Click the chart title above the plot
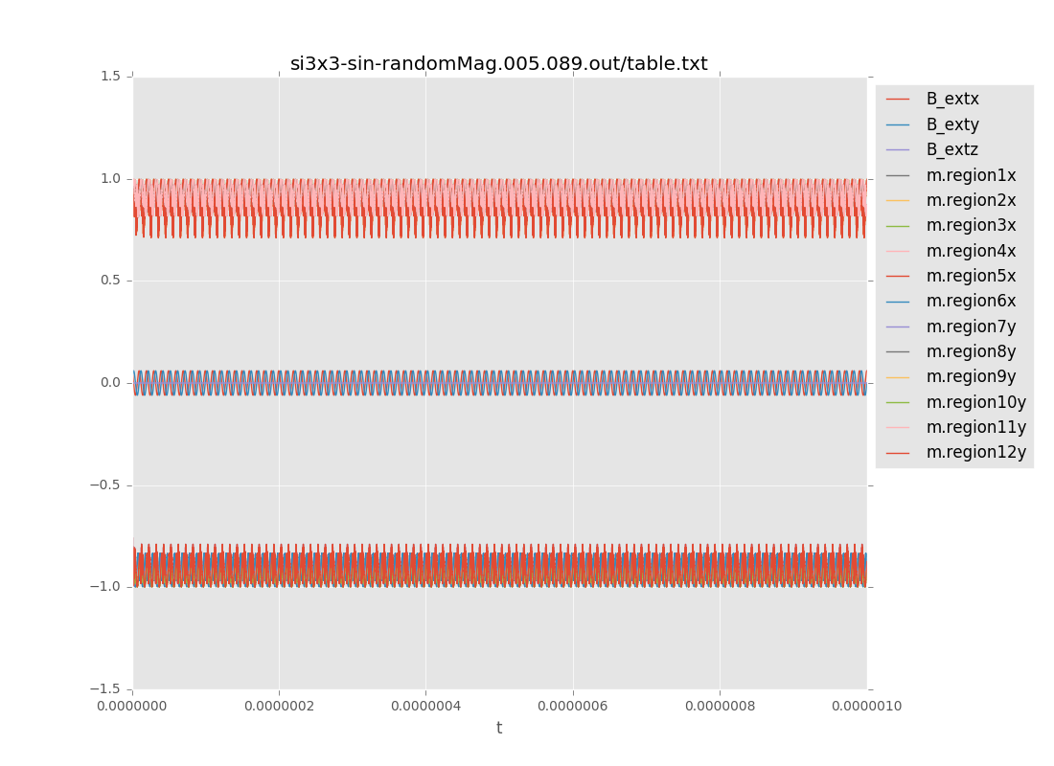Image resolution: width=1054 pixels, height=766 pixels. click(x=498, y=64)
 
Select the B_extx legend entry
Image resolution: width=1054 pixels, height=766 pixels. click(x=951, y=99)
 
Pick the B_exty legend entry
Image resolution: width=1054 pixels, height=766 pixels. click(x=951, y=124)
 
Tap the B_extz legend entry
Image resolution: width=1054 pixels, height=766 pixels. click(x=951, y=149)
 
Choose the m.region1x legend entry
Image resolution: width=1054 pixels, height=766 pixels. click(x=971, y=175)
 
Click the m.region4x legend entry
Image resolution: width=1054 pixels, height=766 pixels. click(x=971, y=251)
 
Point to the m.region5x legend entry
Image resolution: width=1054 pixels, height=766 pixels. click(x=971, y=276)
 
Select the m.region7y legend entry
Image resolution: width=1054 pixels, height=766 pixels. click(x=971, y=327)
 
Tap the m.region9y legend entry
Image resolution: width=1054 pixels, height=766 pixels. click(x=971, y=376)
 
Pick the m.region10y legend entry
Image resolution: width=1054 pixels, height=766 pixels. click(x=975, y=402)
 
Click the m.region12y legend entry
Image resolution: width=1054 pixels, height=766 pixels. click(x=975, y=452)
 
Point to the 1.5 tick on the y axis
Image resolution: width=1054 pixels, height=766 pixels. click(x=111, y=77)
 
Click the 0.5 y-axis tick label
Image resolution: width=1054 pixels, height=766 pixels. click(x=111, y=281)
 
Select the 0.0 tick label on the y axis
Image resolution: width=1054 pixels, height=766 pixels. click(x=111, y=383)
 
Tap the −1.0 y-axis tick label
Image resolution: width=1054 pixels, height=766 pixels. click(x=105, y=587)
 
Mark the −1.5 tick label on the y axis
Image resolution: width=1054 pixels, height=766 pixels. click(x=105, y=689)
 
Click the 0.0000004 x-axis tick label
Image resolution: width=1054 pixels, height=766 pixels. click(x=425, y=707)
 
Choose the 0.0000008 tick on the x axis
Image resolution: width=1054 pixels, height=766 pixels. click(x=720, y=707)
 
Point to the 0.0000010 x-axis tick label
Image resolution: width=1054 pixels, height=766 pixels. click(x=865, y=707)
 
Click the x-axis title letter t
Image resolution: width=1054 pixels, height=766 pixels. click(x=499, y=729)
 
